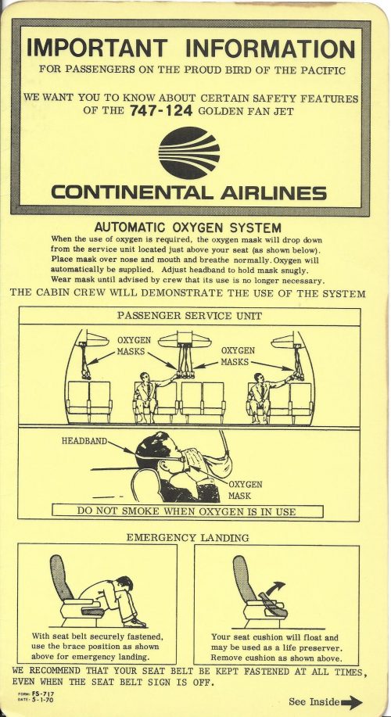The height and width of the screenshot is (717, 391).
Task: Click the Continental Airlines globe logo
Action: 188,152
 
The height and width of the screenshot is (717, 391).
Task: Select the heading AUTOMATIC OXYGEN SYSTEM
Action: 188,227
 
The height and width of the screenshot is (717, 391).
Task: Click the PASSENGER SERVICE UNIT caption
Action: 188,316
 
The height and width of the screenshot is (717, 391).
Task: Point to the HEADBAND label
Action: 84,441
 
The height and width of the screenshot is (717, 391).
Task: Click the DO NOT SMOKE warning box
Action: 187,511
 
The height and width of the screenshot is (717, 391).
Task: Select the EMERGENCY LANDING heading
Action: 188,537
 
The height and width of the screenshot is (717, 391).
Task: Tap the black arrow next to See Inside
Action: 352,701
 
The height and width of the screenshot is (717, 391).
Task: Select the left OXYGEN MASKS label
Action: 133,346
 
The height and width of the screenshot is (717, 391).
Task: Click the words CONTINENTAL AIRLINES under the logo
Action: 188,192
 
